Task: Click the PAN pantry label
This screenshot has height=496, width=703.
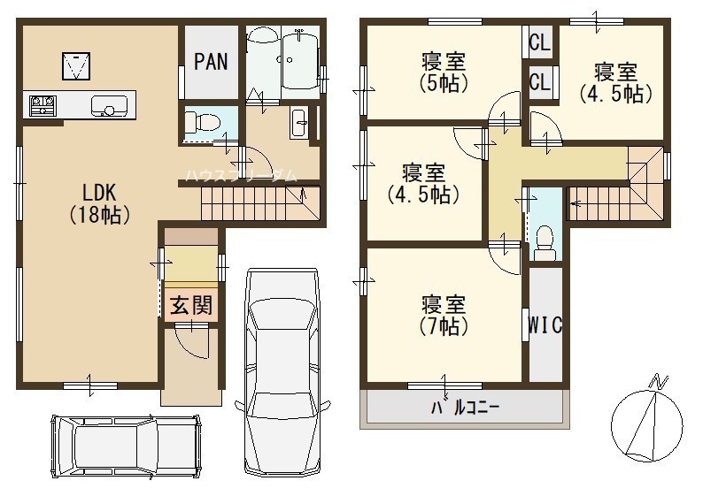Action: (x=211, y=62)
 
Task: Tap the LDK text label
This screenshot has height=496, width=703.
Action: (x=99, y=193)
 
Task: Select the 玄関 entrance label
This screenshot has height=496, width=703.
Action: (x=190, y=306)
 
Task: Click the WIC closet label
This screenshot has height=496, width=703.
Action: (x=545, y=325)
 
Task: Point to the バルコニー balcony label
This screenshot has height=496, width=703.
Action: (x=465, y=408)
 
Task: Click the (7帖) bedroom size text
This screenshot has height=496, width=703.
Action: (x=444, y=326)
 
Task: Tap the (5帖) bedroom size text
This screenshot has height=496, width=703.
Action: (x=444, y=83)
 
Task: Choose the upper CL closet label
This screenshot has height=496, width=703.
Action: (x=539, y=42)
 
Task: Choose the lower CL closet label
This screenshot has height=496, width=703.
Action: (x=539, y=82)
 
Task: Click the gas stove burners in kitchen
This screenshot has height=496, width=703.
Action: (x=42, y=106)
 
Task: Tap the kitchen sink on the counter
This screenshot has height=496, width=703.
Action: (x=109, y=106)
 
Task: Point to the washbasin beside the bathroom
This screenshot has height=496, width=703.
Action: (x=298, y=123)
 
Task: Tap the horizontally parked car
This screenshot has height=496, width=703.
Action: (x=126, y=446)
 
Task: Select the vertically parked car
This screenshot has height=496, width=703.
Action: (x=283, y=371)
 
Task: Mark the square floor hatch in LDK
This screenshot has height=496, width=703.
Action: (x=76, y=65)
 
